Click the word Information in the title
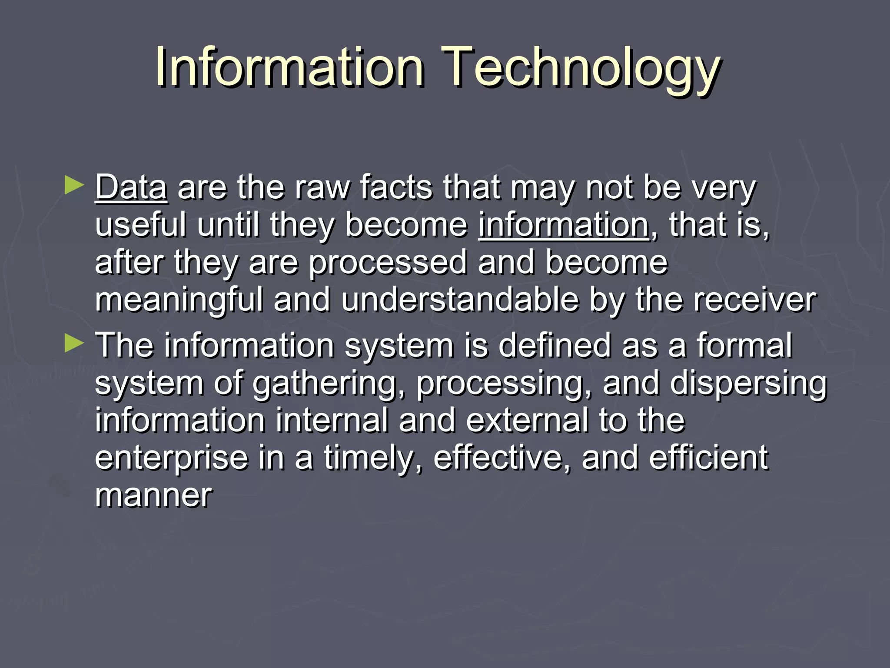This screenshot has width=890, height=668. click(289, 67)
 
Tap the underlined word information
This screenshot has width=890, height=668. click(564, 225)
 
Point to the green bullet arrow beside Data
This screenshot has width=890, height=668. click(74, 185)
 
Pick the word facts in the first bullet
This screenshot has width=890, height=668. click(396, 188)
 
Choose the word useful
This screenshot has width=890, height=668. click(141, 225)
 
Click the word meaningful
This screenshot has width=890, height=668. click(179, 301)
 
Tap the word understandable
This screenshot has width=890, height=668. click(460, 300)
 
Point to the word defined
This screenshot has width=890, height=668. click(555, 345)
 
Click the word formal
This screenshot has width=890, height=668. click(745, 345)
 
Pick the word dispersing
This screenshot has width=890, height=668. click(748, 384)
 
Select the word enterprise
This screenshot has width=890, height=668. click(171, 458)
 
